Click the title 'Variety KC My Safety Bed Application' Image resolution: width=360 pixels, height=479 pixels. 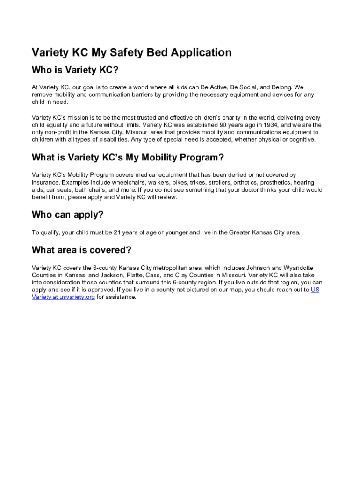(131, 52)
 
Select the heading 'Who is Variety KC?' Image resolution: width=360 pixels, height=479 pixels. (75, 70)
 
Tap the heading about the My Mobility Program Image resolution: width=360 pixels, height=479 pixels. (124, 157)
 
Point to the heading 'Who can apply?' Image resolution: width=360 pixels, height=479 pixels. (67, 215)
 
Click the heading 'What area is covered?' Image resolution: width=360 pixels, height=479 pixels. (81, 250)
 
